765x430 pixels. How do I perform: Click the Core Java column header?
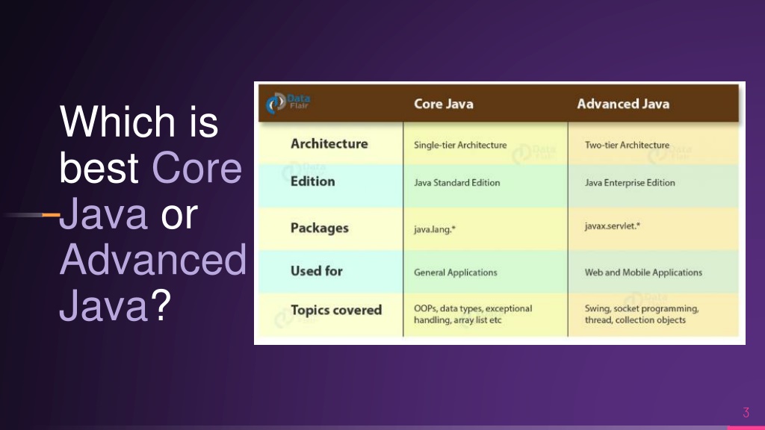point(444,104)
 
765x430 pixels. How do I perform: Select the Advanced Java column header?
point(623,104)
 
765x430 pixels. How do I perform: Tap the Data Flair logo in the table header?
point(288,102)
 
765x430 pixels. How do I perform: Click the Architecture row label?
point(329,144)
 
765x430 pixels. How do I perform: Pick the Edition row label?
point(313,181)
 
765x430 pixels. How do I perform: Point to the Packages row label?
point(320,228)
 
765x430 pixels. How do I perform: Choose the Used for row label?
point(317,271)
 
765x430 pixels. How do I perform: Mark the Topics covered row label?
point(336,310)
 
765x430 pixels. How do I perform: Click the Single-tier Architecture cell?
point(460,145)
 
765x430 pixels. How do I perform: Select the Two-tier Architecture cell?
point(627,145)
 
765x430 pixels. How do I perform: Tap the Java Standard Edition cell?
point(456,183)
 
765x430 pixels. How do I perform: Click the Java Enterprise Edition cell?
point(630,183)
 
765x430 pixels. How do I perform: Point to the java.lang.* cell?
point(435,229)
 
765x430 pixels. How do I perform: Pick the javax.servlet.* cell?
point(613,225)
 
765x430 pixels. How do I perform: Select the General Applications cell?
point(455,272)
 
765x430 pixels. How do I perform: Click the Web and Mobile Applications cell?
point(643,272)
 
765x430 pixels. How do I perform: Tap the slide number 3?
point(746,412)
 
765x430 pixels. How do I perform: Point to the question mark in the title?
point(161,305)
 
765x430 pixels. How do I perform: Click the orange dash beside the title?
point(51,214)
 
